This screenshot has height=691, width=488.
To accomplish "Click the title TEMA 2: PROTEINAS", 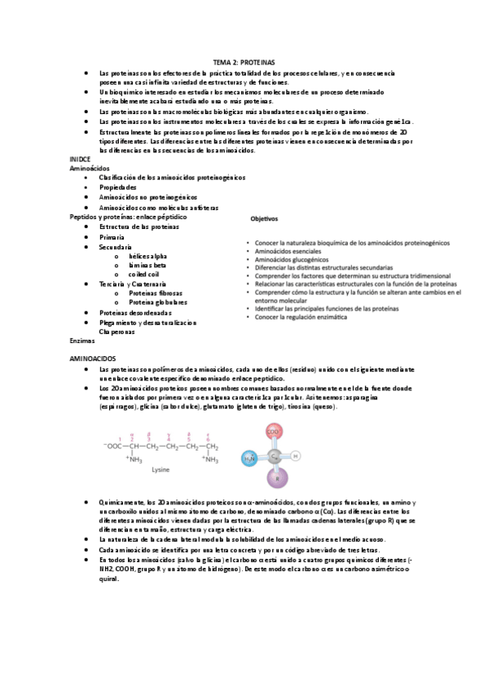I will (244, 62).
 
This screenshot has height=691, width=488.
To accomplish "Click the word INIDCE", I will (81, 159).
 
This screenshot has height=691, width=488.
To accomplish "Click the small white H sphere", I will (296, 456).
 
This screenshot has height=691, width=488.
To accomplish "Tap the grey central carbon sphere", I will (275, 456).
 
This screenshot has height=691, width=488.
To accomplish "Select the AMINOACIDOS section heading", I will (94, 359).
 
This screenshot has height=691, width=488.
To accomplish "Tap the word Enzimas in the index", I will (82, 341).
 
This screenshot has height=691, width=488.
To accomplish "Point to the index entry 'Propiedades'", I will (117, 187).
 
